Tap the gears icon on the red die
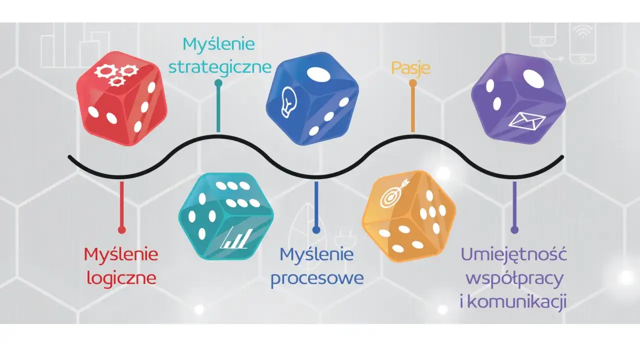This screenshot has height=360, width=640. [x=110, y=74]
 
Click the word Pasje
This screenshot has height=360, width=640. [x=410, y=68]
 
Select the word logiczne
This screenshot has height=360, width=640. [x=121, y=277]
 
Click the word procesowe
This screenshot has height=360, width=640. [x=317, y=278]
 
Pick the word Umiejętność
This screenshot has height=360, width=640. [x=513, y=254]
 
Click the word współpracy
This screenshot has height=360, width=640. [x=514, y=278]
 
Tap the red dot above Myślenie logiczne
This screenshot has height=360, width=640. [x=121, y=229]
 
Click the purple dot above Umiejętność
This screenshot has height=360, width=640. [x=514, y=229]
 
